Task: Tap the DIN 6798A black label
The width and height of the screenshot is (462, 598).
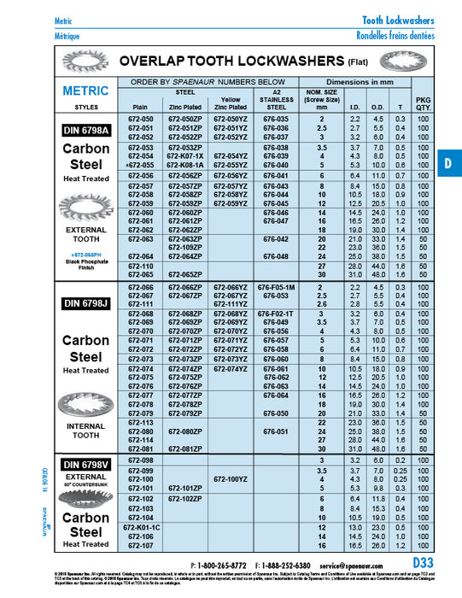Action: coord(85,131)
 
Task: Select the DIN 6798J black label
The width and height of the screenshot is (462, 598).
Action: coord(85,304)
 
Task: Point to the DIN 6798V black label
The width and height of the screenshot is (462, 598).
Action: coord(85,464)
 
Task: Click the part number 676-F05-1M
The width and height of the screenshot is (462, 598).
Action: coord(277,288)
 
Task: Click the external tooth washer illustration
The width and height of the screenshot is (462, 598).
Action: coord(85,208)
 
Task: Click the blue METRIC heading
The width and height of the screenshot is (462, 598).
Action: coord(85,91)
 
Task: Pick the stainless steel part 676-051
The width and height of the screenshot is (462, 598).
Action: coord(277,431)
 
